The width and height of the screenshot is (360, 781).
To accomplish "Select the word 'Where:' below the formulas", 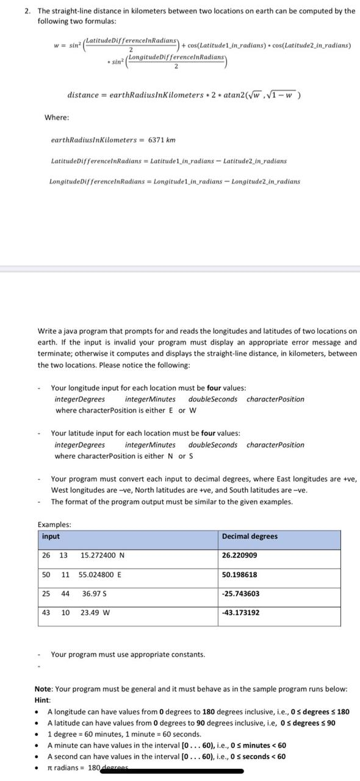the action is [x=57, y=117].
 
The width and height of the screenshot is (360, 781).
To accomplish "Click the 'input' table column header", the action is [x=51, y=536].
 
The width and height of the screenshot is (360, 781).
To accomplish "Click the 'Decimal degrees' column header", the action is [x=250, y=536].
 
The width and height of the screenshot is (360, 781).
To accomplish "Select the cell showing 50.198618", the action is [x=240, y=575].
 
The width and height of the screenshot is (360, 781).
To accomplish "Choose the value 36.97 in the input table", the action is [x=92, y=594].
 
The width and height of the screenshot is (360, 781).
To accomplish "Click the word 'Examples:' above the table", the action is [x=54, y=525].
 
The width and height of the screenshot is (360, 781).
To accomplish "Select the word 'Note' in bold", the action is [x=43, y=689].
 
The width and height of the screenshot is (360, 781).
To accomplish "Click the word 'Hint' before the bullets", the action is [x=42, y=700].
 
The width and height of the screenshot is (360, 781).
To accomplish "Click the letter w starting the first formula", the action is [x=56, y=45].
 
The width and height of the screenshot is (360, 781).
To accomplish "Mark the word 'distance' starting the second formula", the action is [x=83, y=96].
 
